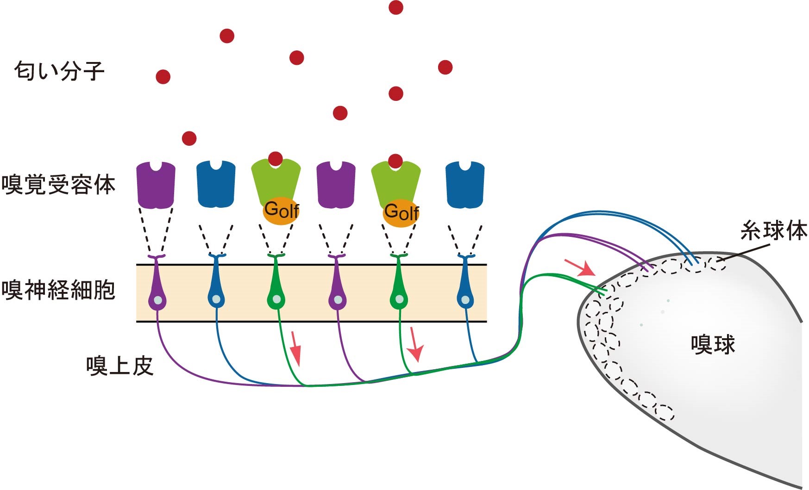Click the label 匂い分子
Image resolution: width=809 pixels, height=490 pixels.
(59, 71)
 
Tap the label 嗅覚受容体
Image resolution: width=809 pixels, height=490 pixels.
(58, 185)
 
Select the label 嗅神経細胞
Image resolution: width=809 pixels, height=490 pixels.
(58, 290)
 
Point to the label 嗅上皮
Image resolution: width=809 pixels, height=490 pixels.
(119, 366)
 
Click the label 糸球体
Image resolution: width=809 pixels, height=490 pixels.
(773, 230)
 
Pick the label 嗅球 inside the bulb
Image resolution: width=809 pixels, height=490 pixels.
(713, 345)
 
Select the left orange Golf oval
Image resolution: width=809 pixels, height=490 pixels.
(281, 212)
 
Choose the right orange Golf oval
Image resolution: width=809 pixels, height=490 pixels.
(401, 213)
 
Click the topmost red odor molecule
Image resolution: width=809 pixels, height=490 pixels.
(396, 7)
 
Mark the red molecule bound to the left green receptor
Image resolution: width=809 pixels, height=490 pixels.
(276, 159)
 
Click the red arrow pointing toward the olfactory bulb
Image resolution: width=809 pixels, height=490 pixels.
(580, 267)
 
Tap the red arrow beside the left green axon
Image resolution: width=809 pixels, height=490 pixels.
(295, 349)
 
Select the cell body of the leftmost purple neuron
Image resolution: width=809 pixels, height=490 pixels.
(157, 300)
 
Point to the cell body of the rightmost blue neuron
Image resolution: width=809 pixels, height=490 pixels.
(465, 300)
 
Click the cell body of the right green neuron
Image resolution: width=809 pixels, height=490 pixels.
(399, 300)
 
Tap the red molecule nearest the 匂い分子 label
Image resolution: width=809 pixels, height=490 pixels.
(163, 76)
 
